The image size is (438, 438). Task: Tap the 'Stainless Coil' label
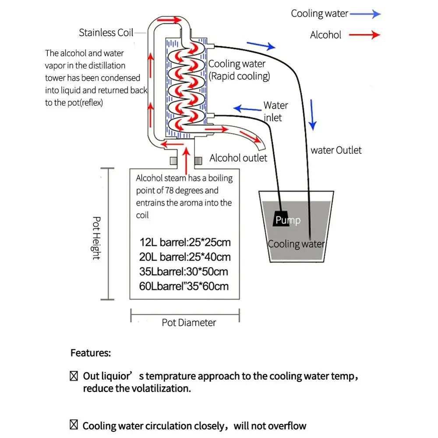[x=106, y=32]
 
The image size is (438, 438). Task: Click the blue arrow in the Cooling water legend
[x=365, y=14]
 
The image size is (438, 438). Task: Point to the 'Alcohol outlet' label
[x=238, y=158]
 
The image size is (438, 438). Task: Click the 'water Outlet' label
[x=336, y=150]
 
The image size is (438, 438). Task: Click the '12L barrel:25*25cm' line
[x=184, y=242]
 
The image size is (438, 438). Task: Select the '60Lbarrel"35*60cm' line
[x=184, y=286]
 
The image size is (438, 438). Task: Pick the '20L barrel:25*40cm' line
[x=184, y=257]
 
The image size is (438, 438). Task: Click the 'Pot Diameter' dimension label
[x=189, y=323]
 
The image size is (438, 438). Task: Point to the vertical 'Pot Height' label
[x=96, y=238]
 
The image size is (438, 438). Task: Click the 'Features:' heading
[x=91, y=353]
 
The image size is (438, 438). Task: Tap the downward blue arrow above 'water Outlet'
[x=312, y=115]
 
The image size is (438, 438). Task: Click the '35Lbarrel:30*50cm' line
[x=184, y=272]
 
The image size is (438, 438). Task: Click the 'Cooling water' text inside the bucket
[x=296, y=244]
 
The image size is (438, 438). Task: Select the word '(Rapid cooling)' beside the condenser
[x=239, y=76]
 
